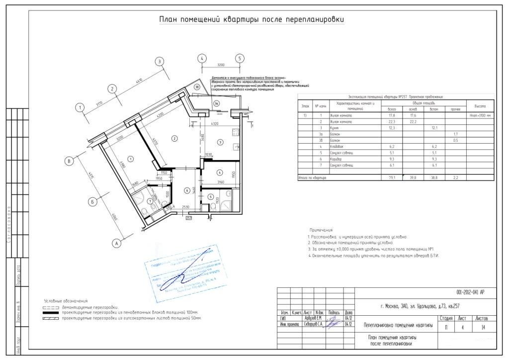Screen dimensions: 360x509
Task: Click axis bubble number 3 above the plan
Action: pyautogui.click(x=159, y=61)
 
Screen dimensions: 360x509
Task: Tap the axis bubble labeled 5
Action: pyautogui.click(x=240, y=58)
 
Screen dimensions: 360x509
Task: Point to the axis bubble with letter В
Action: pyautogui.click(x=70, y=161)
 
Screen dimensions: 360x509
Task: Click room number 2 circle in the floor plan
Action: pyautogui.click(x=174, y=138)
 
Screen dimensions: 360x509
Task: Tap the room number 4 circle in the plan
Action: pyautogui.click(x=219, y=172)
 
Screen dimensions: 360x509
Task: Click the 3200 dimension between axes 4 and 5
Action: pyautogui.click(x=221, y=65)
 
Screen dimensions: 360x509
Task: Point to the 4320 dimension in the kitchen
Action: pyautogui.click(x=215, y=123)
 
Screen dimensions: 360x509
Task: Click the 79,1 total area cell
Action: pyautogui.click(x=391, y=177)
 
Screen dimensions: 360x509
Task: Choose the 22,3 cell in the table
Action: pyautogui.click(x=391, y=121)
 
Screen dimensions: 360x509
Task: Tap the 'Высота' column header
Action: pyautogui.click(x=480, y=106)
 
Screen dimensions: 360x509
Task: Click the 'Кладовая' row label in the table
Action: pyautogui.click(x=343, y=147)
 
